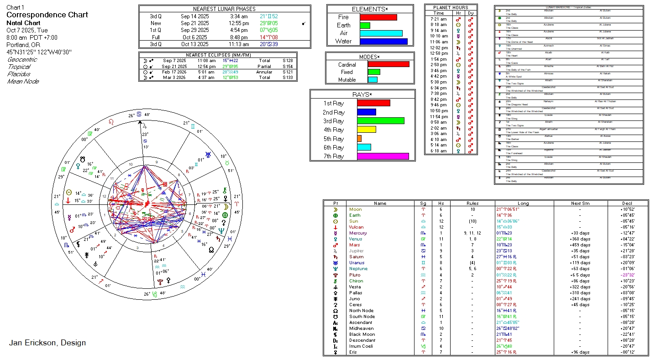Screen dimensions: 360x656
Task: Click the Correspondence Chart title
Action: [47, 15]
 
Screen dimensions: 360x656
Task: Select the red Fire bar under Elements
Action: [378, 17]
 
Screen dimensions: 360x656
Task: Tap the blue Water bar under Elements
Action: [383, 41]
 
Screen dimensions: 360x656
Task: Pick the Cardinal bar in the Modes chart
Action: [388, 64]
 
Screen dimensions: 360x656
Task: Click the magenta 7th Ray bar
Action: [383, 156]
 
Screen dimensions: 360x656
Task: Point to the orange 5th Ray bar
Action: [359, 139]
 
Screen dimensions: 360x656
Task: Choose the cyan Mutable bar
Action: [373, 80]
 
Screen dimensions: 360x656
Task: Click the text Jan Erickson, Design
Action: [47, 343]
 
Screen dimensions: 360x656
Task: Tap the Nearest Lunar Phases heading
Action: [224, 9]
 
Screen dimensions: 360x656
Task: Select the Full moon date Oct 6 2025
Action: [195, 37]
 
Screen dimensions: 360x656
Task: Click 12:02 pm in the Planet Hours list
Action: [439, 47]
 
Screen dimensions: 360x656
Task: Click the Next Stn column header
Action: [580, 203]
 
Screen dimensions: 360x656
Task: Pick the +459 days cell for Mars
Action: [580, 245]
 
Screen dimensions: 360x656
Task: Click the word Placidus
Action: [19, 74]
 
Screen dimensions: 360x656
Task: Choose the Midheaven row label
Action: [361, 329]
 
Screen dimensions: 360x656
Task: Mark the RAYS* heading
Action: [362, 94]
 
